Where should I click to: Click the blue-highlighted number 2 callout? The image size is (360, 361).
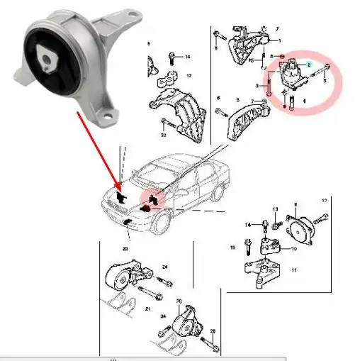[308, 64]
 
